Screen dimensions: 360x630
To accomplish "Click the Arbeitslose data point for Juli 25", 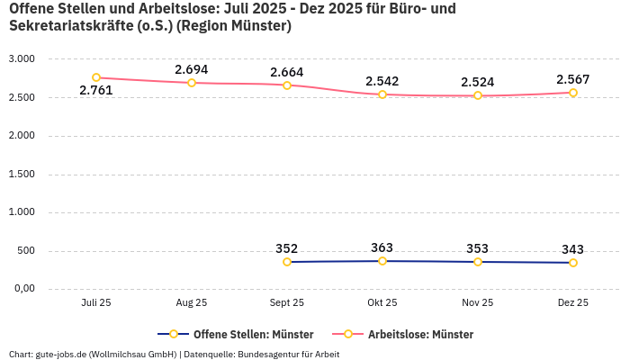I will (x=96, y=77).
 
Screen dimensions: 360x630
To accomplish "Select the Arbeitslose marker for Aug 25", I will (x=192, y=83).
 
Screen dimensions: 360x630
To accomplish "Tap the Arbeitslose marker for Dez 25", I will (x=572, y=93).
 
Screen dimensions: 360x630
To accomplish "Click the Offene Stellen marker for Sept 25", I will (x=287, y=262).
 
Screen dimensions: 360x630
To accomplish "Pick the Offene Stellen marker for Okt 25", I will (x=382, y=261).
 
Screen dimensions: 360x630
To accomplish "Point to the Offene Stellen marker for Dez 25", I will (x=572, y=263).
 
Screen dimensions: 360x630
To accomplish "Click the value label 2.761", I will (x=96, y=91).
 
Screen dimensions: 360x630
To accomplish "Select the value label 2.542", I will (x=382, y=81).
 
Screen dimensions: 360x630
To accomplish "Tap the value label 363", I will (x=382, y=247).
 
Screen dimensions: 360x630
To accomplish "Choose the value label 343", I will (x=572, y=249).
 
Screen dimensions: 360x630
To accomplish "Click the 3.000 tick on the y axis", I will (x=21, y=58).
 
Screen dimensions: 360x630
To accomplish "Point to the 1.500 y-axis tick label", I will (x=21, y=174).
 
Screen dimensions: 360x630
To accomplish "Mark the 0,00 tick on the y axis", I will (x=22, y=289).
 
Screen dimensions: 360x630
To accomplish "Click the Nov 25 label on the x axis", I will (x=477, y=303).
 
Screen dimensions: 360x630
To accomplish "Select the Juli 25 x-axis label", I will (x=96, y=303).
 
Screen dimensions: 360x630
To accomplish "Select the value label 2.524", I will (x=477, y=82).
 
